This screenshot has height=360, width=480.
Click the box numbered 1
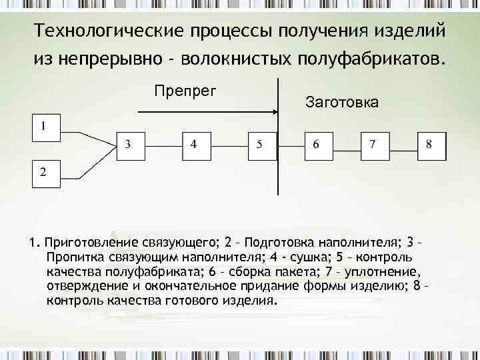point(44,127)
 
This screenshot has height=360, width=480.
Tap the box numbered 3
point(131,145)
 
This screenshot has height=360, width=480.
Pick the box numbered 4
point(195,145)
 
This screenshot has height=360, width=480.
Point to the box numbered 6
point(317,145)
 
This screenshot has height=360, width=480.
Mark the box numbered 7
point(374,145)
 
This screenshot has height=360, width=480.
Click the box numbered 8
point(430,145)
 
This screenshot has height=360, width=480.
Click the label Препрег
point(185,90)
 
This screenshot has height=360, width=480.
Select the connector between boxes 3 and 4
point(163,145)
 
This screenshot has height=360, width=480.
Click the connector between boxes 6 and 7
point(346,145)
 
